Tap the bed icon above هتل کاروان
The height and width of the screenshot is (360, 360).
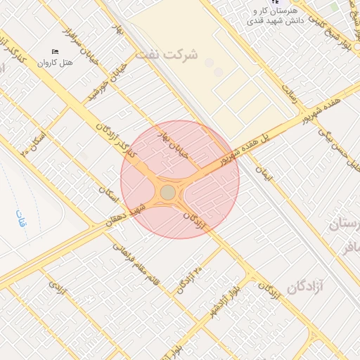[56, 51]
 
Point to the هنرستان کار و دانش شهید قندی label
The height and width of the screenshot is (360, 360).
[275, 16]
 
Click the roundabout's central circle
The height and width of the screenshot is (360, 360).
[167, 192]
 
